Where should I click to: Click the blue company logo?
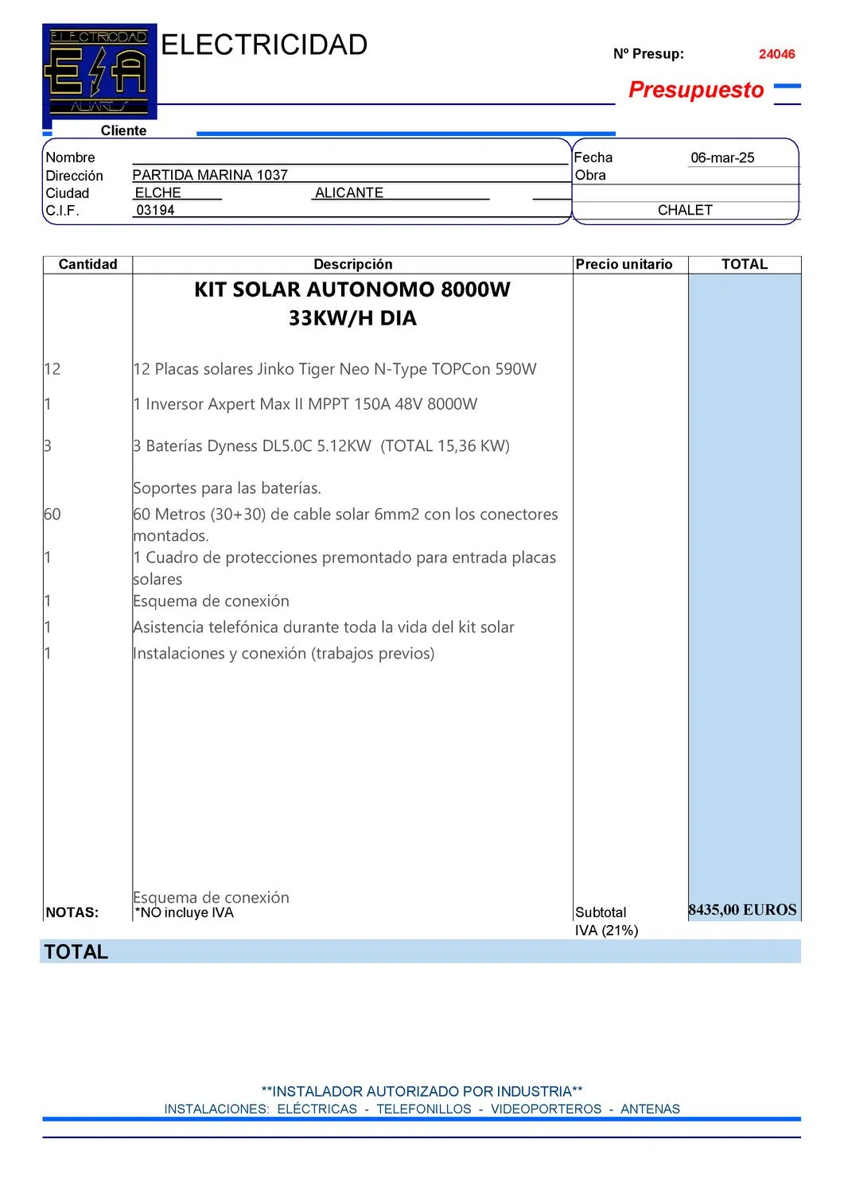click(99, 72)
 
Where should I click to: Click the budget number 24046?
click(776, 54)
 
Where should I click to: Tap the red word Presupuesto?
click(696, 90)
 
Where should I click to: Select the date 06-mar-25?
click(722, 157)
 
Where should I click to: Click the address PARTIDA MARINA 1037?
click(210, 175)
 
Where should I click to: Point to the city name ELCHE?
click(158, 192)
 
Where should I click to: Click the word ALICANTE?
click(349, 192)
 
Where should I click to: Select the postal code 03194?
click(155, 210)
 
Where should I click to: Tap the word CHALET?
click(685, 210)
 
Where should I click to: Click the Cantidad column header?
click(88, 264)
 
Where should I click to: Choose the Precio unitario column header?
click(624, 264)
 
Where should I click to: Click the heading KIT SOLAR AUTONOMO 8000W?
click(352, 290)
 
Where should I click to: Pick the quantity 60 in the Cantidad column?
click(53, 515)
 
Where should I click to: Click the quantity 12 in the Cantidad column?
click(53, 369)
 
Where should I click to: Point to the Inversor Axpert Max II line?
click(305, 404)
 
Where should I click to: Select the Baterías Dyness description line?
click(321, 446)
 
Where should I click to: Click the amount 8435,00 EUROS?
click(742, 910)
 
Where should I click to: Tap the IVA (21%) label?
click(606, 931)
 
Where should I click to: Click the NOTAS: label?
click(72, 912)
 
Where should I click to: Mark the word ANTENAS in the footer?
click(650, 1109)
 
